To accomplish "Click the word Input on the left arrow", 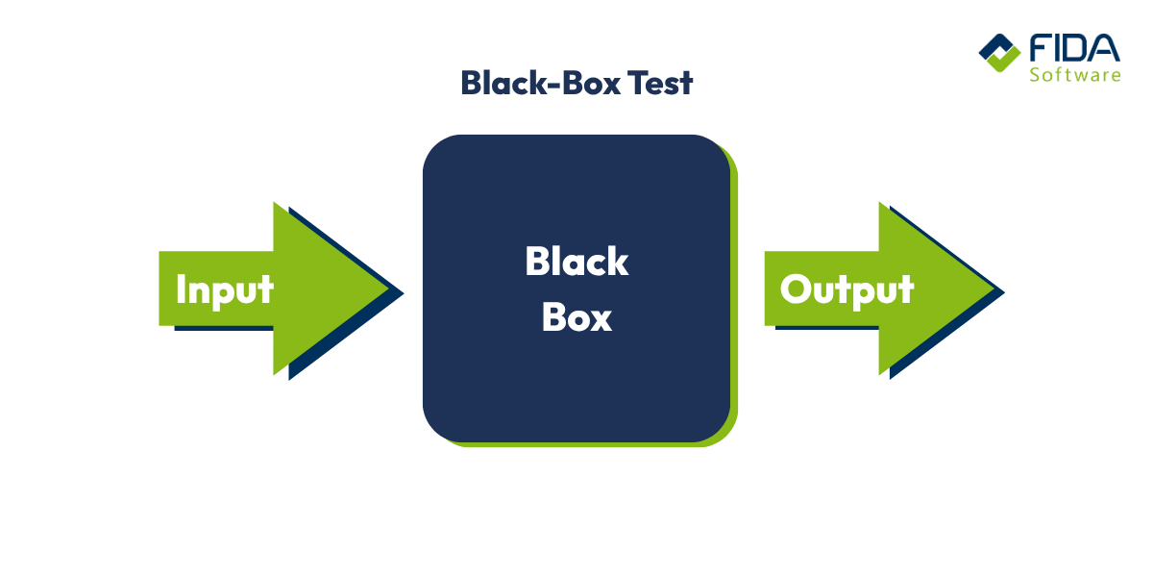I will tap(225, 289).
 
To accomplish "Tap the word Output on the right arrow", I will tap(846, 289).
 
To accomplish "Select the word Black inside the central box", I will tap(576, 262).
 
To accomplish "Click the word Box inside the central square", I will tap(576, 317).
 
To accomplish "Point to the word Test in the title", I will tap(660, 83).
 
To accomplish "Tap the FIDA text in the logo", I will tap(1073, 48).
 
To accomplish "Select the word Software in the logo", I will tap(1074, 74).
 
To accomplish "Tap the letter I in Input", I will tap(182, 288).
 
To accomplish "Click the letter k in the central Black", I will tap(618, 262).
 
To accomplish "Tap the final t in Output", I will tap(905, 289).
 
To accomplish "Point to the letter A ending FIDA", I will tap(1106, 48).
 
